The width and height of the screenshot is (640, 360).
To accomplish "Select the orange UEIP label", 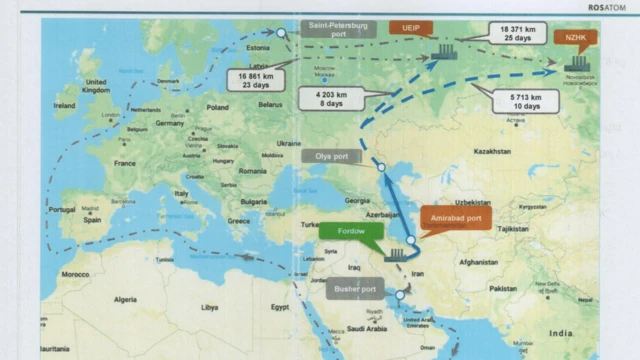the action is point(411,27).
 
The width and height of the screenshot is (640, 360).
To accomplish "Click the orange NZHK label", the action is point(574,38).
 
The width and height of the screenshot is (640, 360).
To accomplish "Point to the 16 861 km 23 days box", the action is point(257,79).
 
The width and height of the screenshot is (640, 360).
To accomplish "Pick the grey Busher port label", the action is point(355,290).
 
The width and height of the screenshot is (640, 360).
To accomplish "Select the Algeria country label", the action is point(125,299).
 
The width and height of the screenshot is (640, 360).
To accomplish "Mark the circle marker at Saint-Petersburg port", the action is point(282,33).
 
